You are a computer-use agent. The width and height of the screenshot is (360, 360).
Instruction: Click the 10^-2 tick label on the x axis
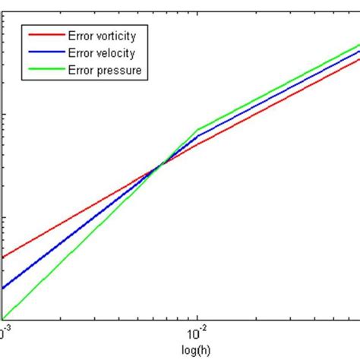tap(194, 332)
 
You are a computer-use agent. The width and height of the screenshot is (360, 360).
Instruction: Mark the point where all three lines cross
tap(160, 164)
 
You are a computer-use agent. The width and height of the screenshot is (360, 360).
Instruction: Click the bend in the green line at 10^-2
tap(197, 129)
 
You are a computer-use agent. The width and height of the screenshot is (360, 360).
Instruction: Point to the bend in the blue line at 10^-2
tap(197, 137)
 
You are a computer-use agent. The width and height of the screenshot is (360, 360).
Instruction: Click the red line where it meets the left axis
tap(3, 257)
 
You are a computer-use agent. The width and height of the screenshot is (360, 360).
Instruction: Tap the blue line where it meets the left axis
tap(3, 288)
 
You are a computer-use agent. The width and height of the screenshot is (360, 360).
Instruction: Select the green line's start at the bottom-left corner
tap(3, 318)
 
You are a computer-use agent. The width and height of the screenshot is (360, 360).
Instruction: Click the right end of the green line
tap(358, 45)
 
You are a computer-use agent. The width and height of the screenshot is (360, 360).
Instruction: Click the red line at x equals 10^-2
tap(197, 144)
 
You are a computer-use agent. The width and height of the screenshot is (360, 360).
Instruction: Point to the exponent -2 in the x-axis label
tap(201, 328)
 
